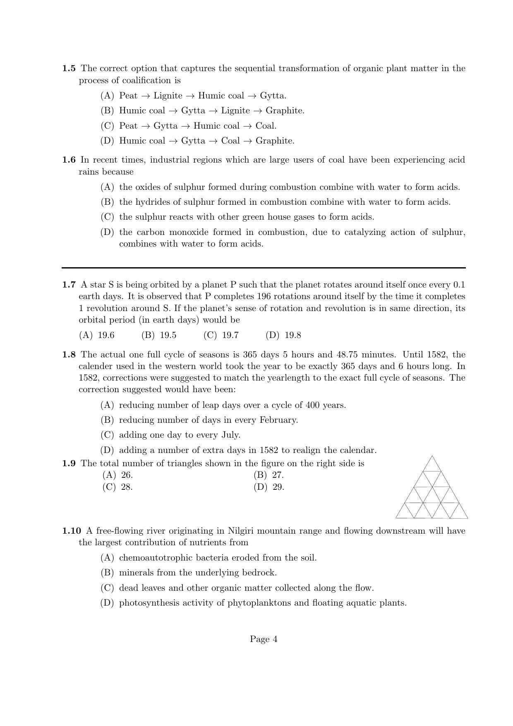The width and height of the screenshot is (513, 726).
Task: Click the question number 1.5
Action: coord(69,69)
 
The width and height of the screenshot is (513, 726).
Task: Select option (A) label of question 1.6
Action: coord(107,187)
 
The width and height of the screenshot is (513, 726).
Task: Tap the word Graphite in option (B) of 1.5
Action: coord(285,111)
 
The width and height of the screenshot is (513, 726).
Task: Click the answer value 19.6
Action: coord(106,335)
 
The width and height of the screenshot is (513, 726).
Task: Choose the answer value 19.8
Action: coord(293,335)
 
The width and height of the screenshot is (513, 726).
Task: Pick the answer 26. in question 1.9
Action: coord(127,475)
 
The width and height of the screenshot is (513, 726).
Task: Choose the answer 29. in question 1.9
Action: coord(278,487)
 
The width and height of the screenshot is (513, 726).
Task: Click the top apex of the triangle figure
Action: coord(432,456)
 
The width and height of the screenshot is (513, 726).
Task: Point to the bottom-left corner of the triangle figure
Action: coord(396,518)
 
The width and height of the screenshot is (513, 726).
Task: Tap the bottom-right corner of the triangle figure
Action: coord(468,518)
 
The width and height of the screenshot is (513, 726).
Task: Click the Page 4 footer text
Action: coord(264,640)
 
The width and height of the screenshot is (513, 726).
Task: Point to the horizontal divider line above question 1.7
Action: coord(264,268)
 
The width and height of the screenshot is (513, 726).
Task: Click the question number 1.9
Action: coord(69,464)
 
